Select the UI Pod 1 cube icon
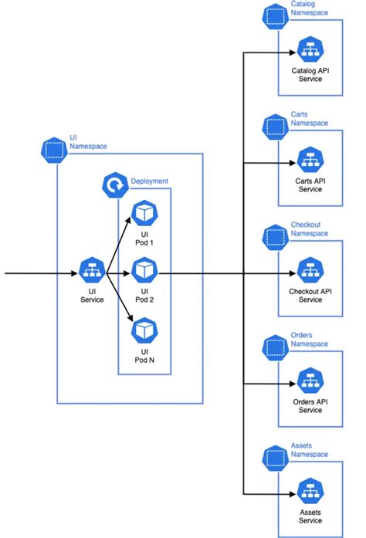144,214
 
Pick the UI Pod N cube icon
144,331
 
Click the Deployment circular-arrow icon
114,185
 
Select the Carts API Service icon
310,162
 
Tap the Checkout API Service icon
310,272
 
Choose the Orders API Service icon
310,383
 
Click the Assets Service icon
310,492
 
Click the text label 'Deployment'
150,181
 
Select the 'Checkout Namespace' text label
309,229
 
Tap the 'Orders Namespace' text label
309,340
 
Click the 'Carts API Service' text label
310,185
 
